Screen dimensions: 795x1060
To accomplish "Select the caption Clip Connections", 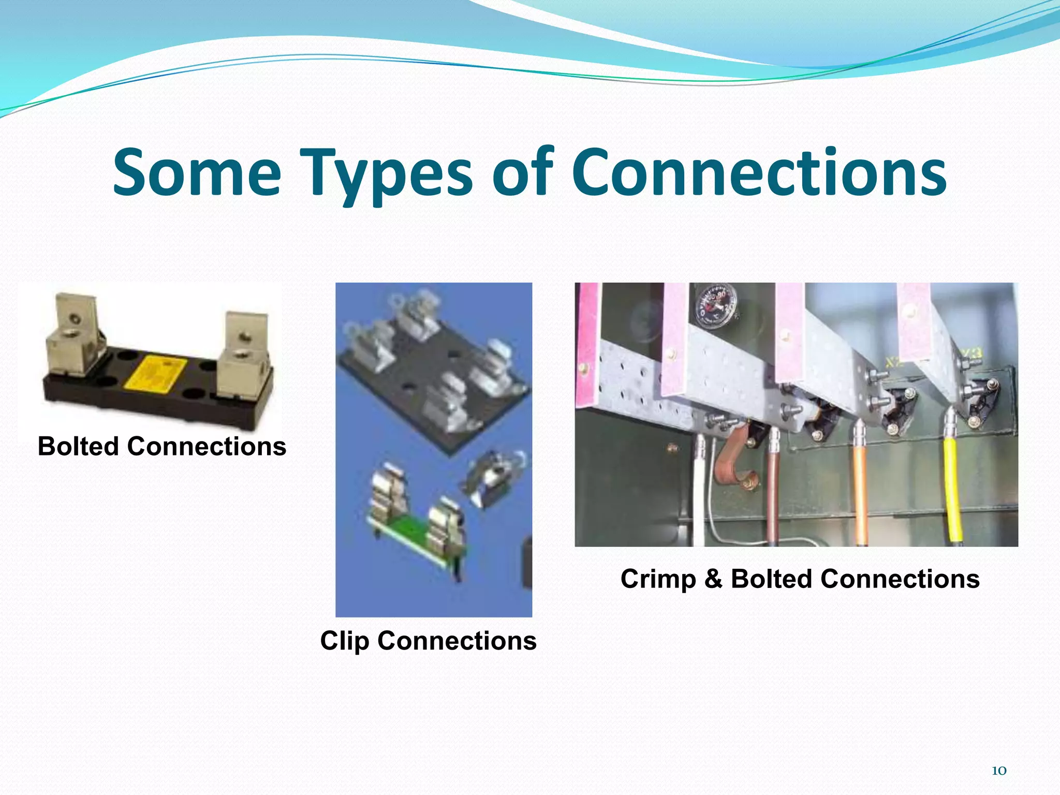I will pos(428,641).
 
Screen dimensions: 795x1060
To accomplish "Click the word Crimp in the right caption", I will pos(658,579).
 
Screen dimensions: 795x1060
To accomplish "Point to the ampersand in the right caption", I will pos(713,579).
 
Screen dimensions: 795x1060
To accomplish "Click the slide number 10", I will pos(998,771).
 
